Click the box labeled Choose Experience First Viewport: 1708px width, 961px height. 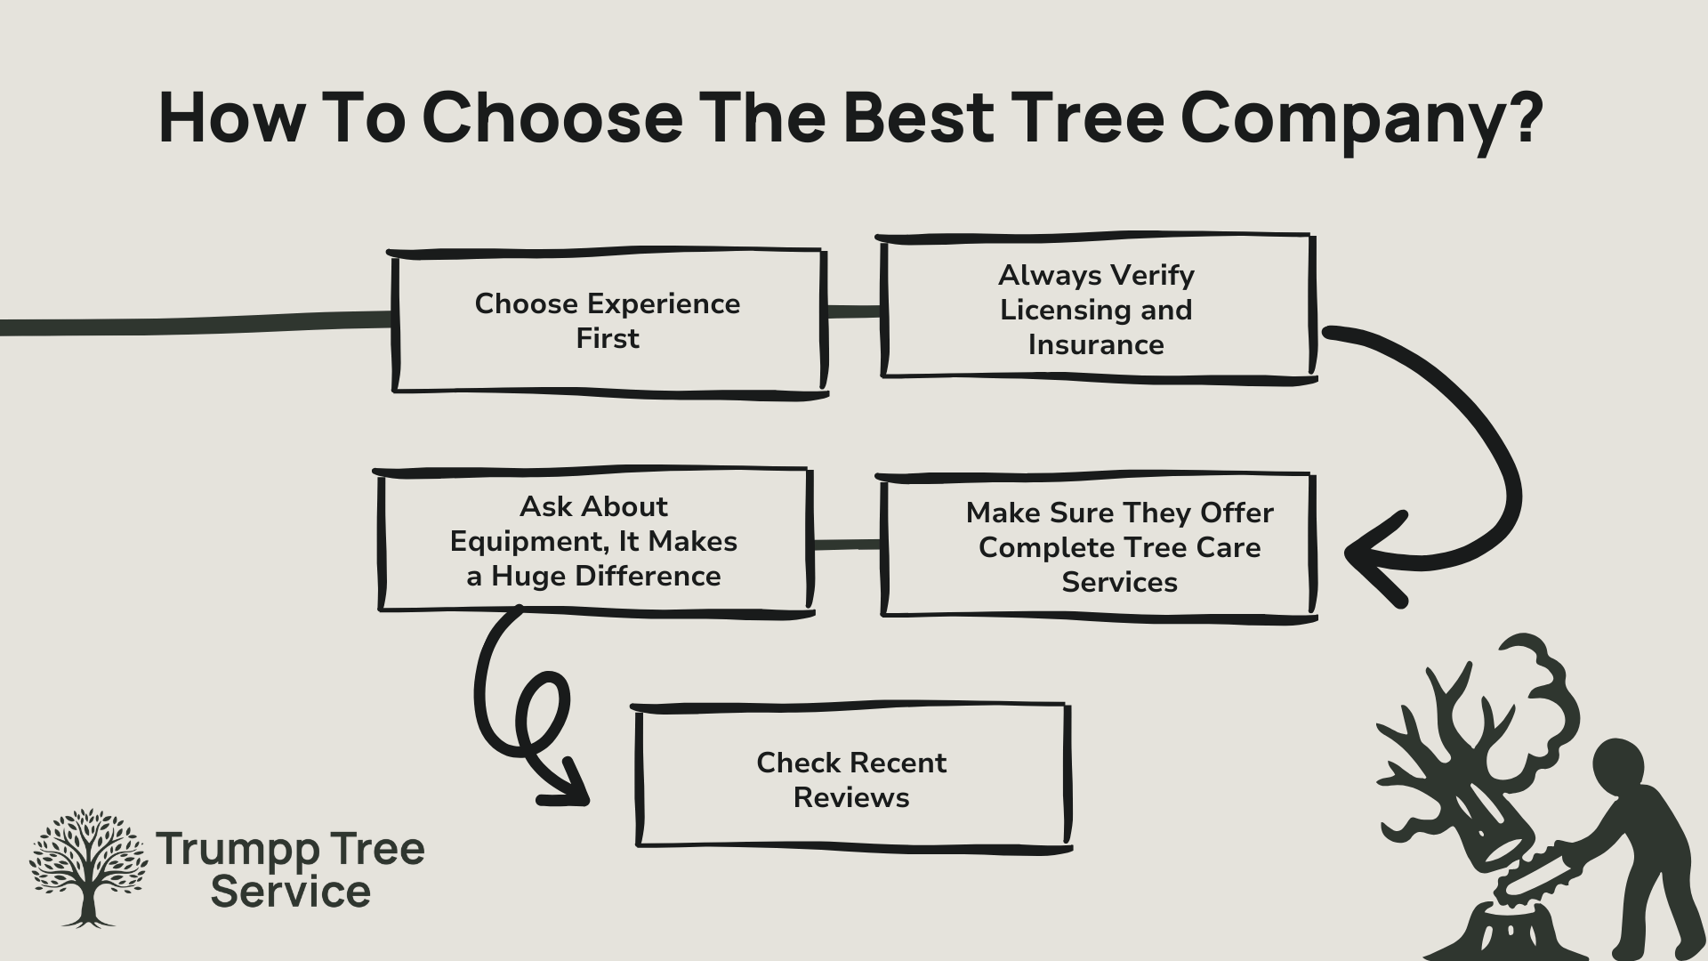point(608,321)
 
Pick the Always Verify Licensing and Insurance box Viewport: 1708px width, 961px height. point(1096,309)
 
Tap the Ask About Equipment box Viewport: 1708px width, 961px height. point(594,541)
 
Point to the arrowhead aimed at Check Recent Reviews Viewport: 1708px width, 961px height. point(569,787)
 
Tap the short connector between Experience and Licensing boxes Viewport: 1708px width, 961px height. point(854,311)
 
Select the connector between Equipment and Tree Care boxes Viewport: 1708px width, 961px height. point(846,545)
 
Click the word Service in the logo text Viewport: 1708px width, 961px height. point(292,892)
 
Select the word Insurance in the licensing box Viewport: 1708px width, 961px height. point(1096,344)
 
